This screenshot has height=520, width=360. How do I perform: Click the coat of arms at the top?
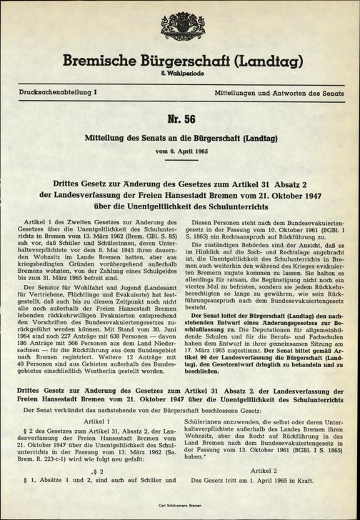pyautogui.click(x=179, y=27)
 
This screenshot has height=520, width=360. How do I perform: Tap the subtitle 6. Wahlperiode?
pyautogui.click(x=179, y=77)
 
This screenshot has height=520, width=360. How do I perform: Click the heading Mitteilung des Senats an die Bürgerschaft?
pyautogui.click(x=179, y=138)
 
